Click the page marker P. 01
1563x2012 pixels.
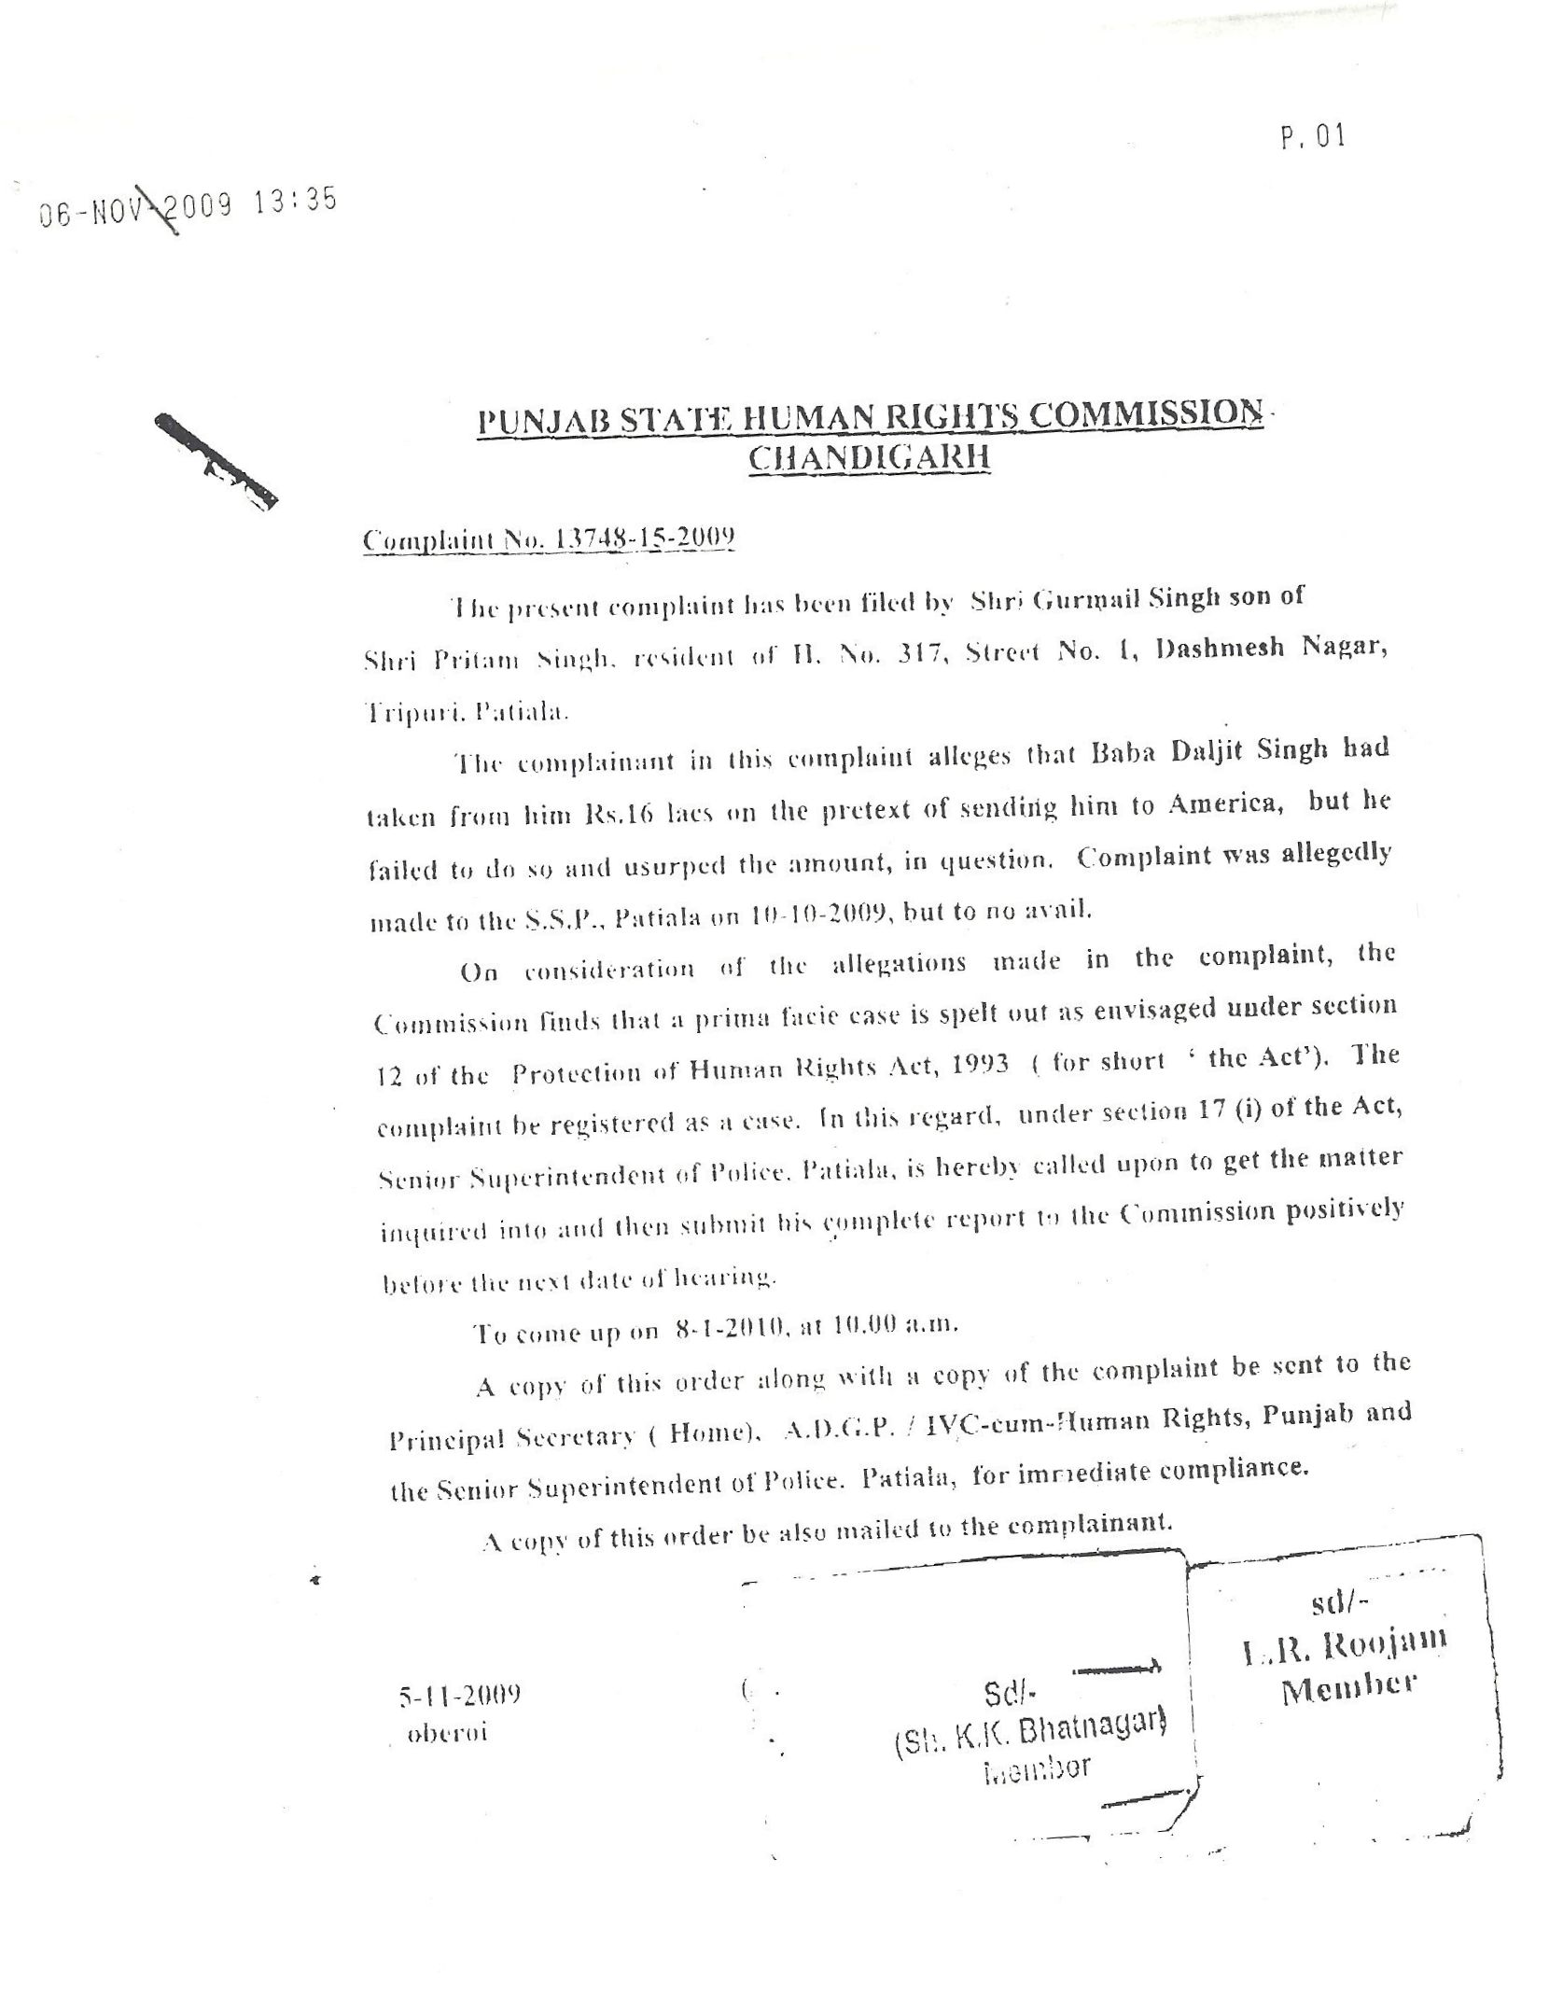1313,138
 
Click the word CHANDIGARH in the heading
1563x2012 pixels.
870,458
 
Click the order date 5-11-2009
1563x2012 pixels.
459,1694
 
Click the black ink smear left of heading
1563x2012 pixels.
216,458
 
